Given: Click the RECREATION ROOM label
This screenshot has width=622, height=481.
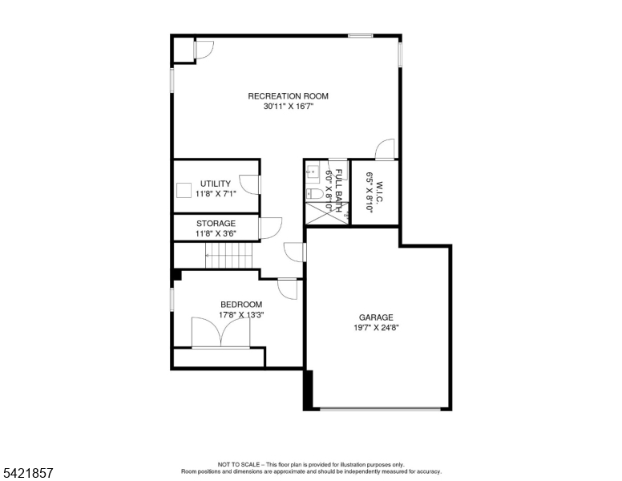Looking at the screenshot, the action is (x=288, y=96).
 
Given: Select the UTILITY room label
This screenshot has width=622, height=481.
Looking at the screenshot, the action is (x=216, y=184).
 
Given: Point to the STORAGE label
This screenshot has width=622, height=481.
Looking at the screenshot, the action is (x=216, y=224).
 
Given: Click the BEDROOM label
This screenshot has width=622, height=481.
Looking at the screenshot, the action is (x=241, y=305).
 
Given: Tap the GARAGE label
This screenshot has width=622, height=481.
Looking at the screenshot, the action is (x=376, y=317).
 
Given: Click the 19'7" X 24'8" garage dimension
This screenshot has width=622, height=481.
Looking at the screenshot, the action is (x=376, y=328).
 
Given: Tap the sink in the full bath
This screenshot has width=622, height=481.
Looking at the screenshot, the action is (x=313, y=172).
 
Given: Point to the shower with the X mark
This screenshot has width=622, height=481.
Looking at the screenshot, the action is (x=327, y=213).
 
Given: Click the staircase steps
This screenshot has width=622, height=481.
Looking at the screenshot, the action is (x=229, y=256).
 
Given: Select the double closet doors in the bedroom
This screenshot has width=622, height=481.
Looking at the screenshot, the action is (x=221, y=333).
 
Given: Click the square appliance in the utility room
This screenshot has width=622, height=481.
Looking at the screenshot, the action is (x=184, y=190).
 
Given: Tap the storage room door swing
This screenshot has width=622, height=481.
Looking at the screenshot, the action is (x=271, y=228).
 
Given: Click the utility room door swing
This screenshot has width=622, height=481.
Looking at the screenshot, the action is (x=249, y=184).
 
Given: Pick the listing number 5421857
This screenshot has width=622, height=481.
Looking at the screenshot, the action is (x=28, y=473).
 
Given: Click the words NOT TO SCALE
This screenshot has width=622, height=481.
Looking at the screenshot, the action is (x=239, y=464).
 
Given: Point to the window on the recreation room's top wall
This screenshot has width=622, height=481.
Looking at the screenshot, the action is (x=361, y=36).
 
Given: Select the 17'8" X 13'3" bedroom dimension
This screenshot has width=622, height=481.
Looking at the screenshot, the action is (x=241, y=315).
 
